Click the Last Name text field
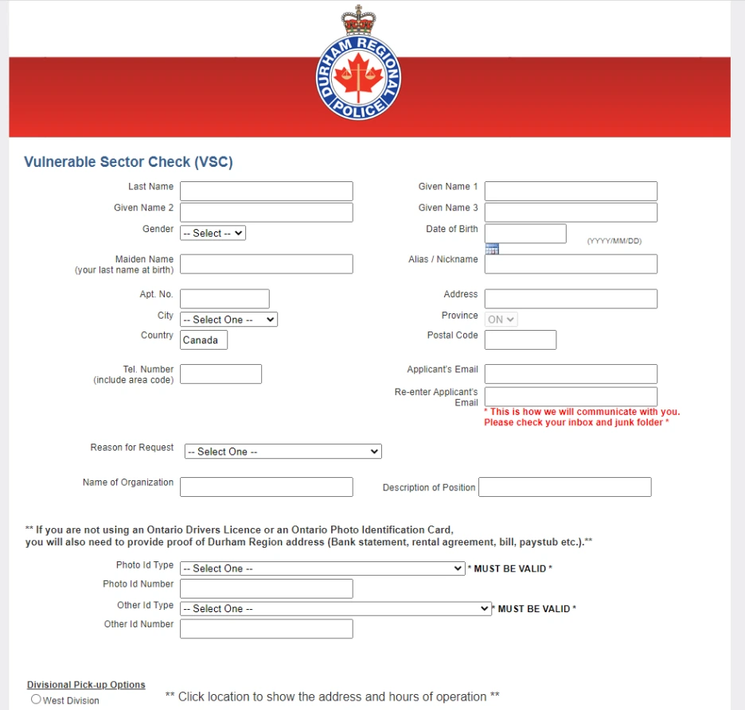[266, 191]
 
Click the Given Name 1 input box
[571, 191]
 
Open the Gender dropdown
[213, 233]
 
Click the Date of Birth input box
[525, 233]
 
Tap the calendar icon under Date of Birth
[492, 249]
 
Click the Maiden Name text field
[266, 264]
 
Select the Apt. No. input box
[224, 298]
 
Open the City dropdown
[228, 320]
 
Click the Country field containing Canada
[204, 340]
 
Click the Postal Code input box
[521, 340]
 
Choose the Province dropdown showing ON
[501, 320]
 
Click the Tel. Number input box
[220, 374]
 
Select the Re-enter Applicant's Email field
[571, 397]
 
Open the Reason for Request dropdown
[283, 452]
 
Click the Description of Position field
[564, 487]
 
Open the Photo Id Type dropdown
[322, 568]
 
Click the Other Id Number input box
[266, 629]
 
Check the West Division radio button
[36, 700]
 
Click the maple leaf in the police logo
[358, 76]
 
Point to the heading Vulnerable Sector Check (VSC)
[128, 162]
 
